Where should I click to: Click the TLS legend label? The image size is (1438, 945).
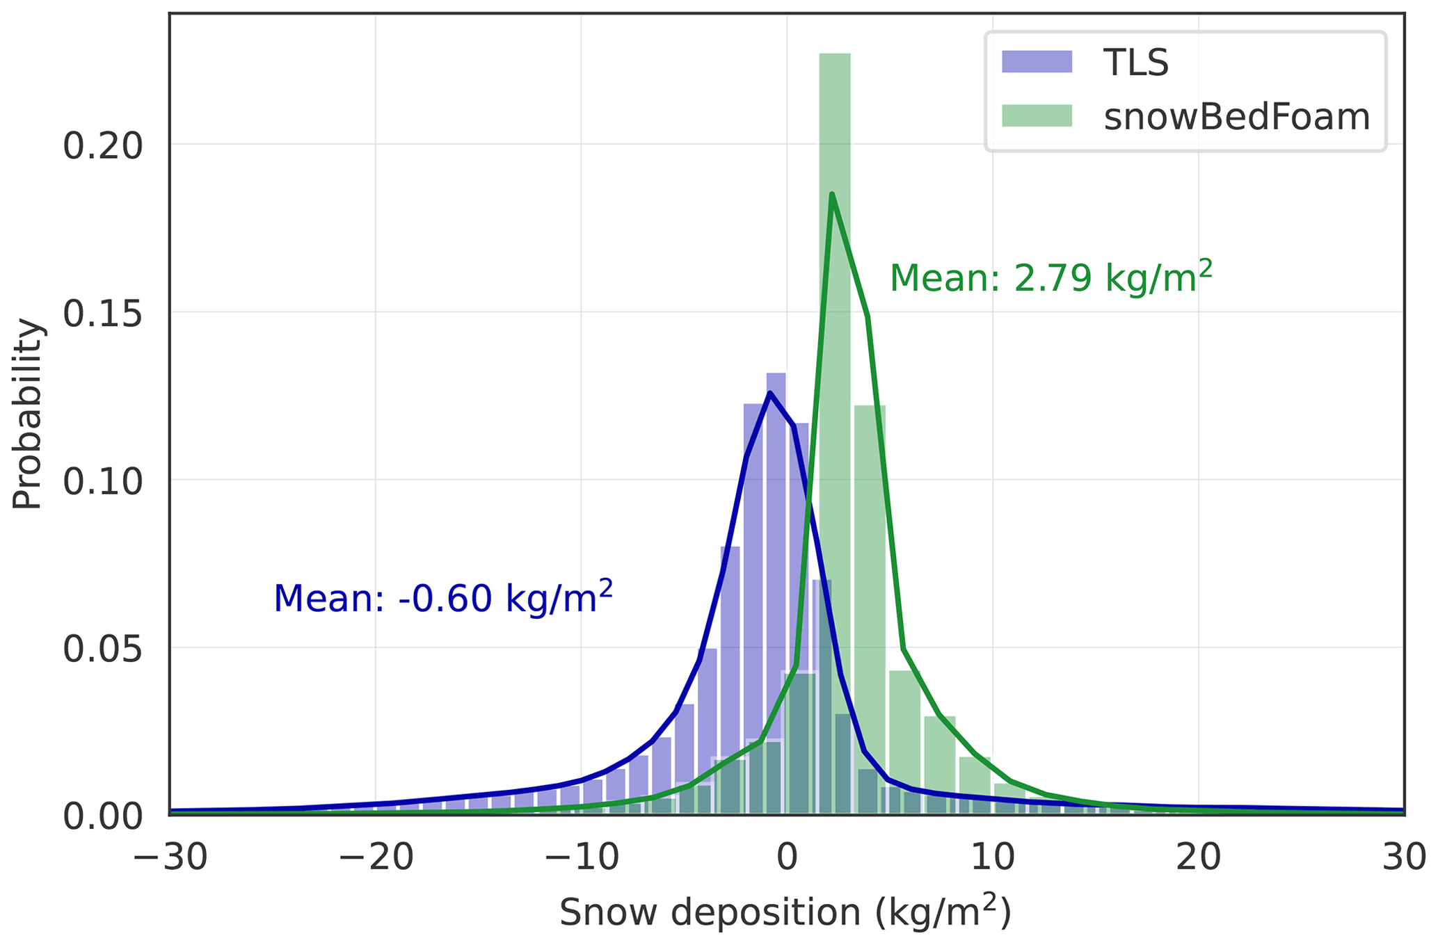pos(1136,63)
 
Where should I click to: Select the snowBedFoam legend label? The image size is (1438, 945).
pos(1237,117)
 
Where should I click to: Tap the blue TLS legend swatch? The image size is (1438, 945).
pos(1037,62)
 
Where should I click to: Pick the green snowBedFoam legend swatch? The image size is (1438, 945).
pos(1037,115)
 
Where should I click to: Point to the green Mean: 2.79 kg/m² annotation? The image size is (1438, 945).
pos(1051,278)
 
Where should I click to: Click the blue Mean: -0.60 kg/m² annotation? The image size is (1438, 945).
pos(443,598)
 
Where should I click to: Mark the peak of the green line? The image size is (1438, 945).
pos(831,195)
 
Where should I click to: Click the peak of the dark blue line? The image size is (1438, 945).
pos(770,393)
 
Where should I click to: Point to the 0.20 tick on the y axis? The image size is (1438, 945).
pos(102,146)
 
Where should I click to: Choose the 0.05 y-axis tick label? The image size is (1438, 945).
pos(102,649)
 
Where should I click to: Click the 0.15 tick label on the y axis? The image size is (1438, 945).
pos(102,314)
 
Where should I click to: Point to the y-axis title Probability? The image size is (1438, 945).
pos(28,414)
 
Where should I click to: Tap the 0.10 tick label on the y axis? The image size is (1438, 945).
pos(102,481)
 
